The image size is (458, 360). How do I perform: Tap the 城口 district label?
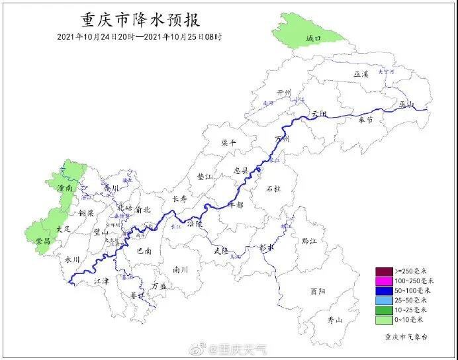[x=313, y=39]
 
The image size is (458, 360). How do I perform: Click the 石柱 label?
[x=273, y=189]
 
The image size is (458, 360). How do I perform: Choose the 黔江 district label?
[x=309, y=241]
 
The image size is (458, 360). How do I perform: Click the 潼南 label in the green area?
[x=64, y=189]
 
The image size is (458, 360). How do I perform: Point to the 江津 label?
[x=101, y=281]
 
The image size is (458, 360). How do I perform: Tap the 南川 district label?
[x=180, y=269]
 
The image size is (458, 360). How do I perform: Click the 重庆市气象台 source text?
[x=406, y=337]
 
